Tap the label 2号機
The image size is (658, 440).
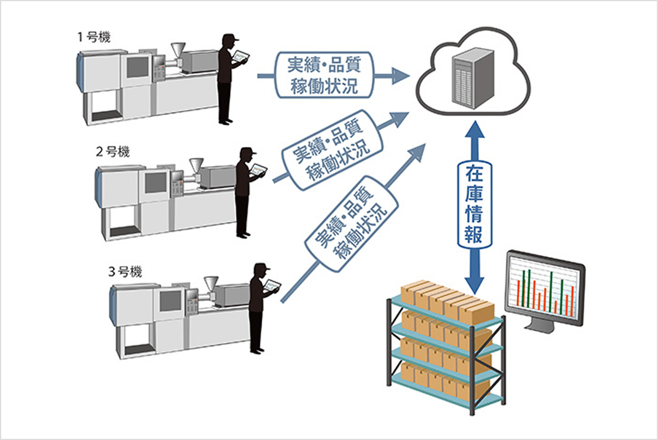coord(113,152)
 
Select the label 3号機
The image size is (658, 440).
coord(126,271)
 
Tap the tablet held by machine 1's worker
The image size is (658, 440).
coord(240,57)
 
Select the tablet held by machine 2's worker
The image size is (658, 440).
coord(258,170)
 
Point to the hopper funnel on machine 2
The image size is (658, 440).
coord(196,164)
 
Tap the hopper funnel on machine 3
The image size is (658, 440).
coord(210,281)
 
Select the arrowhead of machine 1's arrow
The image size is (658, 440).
coord(400,75)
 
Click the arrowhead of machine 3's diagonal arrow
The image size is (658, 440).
coord(417,151)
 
